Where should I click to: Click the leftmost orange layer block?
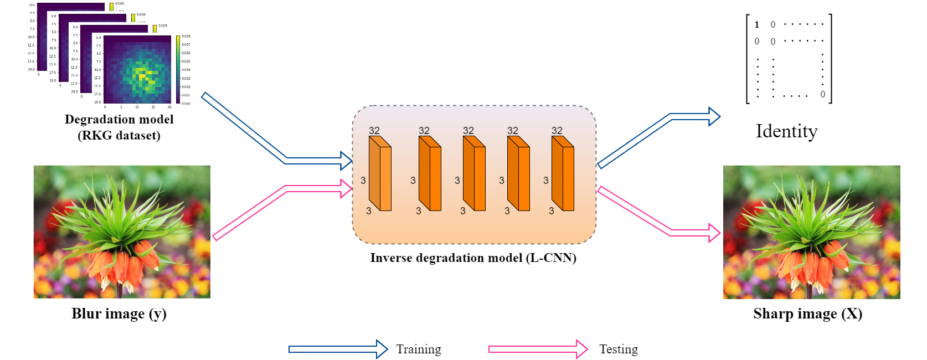380,174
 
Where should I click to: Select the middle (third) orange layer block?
475,174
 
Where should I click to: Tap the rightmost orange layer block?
563,174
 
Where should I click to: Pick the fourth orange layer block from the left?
519,174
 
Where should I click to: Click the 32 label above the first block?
374,131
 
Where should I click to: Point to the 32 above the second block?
424,131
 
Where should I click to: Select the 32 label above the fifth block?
557,131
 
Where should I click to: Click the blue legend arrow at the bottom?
338,349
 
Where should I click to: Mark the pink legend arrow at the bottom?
537,349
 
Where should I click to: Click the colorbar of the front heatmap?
178,69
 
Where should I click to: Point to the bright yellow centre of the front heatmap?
144,75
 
